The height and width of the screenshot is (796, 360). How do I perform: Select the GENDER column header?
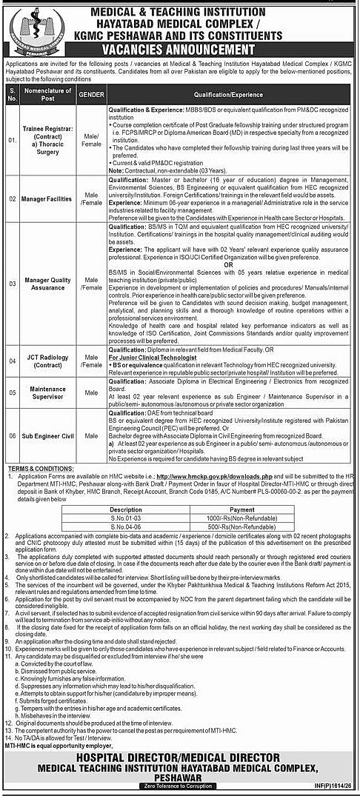coord(91,96)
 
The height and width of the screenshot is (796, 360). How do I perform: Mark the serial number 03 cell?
coord(13,284)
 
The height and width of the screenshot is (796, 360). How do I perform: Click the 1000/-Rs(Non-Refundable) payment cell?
coord(221,518)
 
